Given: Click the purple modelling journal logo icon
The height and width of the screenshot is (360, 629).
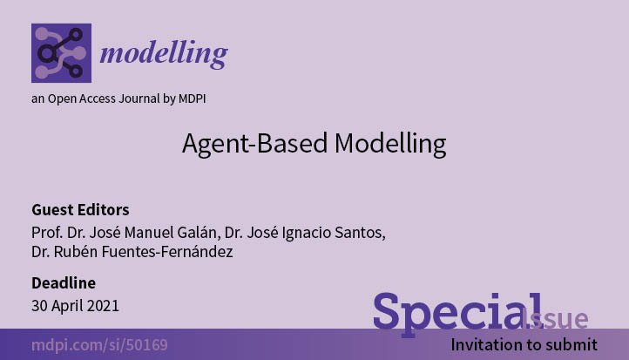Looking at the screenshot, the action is point(61,53).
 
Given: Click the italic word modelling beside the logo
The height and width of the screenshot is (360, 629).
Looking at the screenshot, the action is point(164,54).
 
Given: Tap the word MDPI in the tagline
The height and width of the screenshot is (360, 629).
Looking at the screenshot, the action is point(193,98).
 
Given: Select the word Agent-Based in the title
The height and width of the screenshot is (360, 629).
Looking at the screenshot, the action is point(254,144).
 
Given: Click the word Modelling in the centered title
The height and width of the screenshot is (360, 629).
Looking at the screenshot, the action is point(390,143).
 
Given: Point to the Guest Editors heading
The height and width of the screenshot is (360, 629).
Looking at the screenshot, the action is point(80,210).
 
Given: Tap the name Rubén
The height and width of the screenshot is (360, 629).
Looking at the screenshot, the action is point(76,252).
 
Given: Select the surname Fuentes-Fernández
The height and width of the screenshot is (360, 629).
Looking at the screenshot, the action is point(167,252).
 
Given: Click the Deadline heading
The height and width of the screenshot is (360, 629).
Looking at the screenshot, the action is point(64,283).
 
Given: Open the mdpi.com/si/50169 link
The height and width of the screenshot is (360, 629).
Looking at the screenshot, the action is point(99,345).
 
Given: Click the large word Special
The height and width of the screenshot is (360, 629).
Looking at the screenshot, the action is point(458,314).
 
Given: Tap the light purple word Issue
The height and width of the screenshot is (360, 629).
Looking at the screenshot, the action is point(557,319).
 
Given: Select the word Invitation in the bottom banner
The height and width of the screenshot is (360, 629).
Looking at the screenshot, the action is point(484,345).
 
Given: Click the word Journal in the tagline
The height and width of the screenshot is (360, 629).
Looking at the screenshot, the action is point(139,98).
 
